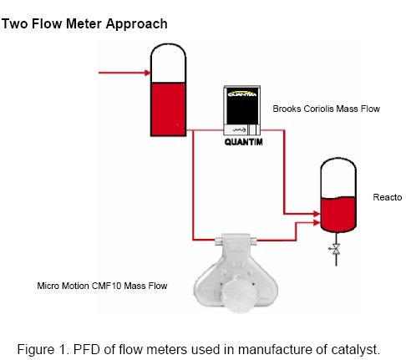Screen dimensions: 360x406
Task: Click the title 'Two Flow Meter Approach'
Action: coord(84,23)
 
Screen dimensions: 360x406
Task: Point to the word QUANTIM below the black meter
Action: coord(245,142)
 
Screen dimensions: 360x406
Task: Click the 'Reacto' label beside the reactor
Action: coord(388,197)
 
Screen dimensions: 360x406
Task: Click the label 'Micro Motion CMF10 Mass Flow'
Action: coord(102,286)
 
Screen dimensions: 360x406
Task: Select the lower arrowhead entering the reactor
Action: coord(316,224)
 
